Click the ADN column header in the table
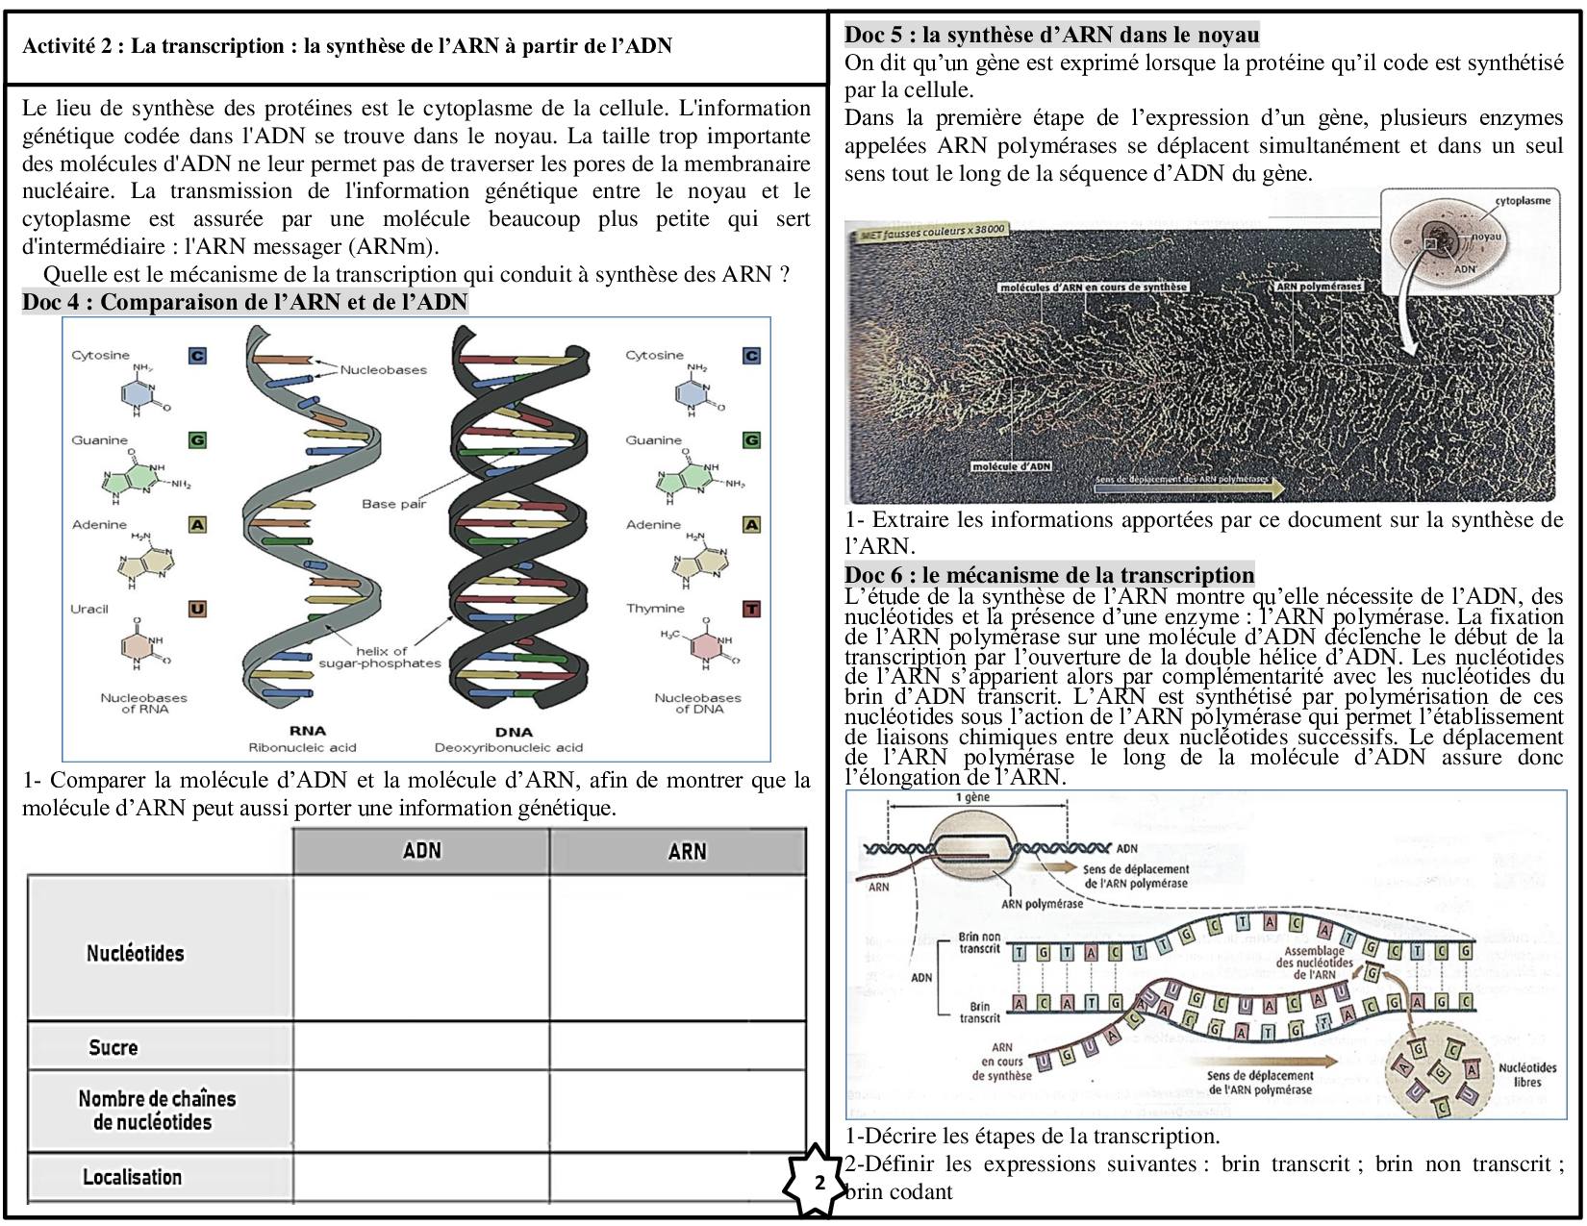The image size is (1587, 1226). (421, 850)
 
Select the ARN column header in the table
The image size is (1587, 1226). (687, 850)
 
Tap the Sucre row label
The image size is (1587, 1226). (113, 1047)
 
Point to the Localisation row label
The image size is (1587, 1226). (132, 1177)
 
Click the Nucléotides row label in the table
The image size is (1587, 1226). (135, 953)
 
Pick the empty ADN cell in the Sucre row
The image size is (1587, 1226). (421, 1047)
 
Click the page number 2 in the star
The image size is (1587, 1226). (819, 1182)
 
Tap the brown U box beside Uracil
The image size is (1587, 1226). (197, 609)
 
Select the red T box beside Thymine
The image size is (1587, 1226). (751, 609)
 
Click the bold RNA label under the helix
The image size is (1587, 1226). (307, 731)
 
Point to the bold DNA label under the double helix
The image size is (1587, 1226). (513, 731)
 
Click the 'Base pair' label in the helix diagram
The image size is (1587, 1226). (393, 503)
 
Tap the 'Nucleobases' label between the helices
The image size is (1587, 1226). (383, 369)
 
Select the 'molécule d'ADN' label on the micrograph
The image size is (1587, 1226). (1011, 465)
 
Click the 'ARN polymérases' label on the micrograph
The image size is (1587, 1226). (1318, 287)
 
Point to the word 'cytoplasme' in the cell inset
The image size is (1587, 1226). (1523, 201)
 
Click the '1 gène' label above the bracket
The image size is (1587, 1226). (972, 797)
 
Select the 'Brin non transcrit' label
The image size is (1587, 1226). (979, 942)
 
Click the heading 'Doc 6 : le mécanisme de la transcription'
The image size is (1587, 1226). (1049, 575)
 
